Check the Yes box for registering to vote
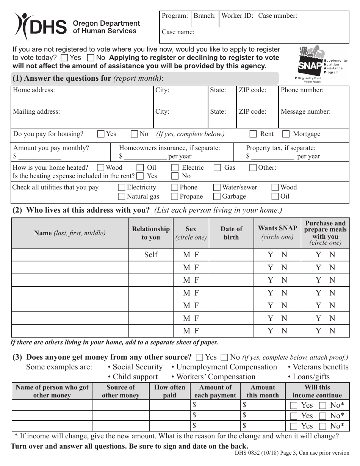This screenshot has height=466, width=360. pyautogui.click(x=64, y=58)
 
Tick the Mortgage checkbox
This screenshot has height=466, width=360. pyautogui.click(x=286, y=134)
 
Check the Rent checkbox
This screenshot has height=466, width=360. pyautogui.click(x=253, y=134)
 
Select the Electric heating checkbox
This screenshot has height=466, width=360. pyautogui.click(x=175, y=168)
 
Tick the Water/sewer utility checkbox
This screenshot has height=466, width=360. pyautogui.click(x=217, y=188)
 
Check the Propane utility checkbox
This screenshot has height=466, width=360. pyautogui.click(x=174, y=197)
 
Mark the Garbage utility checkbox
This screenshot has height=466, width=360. pyautogui.click(x=217, y=197)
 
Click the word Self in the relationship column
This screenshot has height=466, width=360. pyautogui.click(x=151, y=255)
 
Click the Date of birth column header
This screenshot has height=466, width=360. pyautogui.click(x=231, y=233)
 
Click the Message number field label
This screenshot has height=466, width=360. pyautogui.click(x=305, y=112)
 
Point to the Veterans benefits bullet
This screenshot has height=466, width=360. pyautogui.click(x=318, y=367)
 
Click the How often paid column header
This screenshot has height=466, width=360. pyautogui.click(x=169, y=391)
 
